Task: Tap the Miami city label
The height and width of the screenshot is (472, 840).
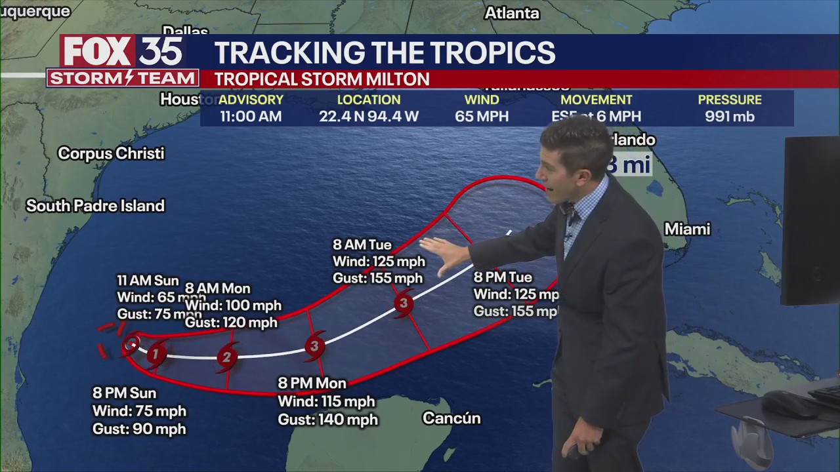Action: click(x=687, y=229)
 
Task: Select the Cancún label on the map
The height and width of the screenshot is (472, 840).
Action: click(x=451, y=418)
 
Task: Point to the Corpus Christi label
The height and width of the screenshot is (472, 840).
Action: click(x=111, y=153)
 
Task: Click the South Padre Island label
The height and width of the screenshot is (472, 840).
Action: click(x=95, y=206)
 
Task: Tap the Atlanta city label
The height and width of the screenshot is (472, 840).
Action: click(x=512, y=13)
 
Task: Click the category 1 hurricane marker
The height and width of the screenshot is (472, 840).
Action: click(x=156, y=355)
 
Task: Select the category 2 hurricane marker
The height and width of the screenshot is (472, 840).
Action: click(x=226, y=357)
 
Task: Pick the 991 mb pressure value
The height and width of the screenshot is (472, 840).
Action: click(x=730, y=117)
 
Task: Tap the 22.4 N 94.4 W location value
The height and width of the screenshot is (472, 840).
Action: click(x=369, y=117)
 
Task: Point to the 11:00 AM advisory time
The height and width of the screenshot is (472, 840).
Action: click(x=251, y=117)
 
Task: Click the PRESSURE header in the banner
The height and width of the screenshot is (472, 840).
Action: click(x=730, y=100)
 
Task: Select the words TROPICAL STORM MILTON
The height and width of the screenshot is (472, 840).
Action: click(x=322, y=79)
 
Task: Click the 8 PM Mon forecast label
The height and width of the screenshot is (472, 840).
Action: click(x=312, y=383)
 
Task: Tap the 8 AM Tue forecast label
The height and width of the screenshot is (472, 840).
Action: click(x=362, y=245)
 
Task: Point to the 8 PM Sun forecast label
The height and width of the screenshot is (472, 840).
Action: click(x=125, y=393)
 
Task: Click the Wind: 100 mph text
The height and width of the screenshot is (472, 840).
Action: click(x=233, y=305)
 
